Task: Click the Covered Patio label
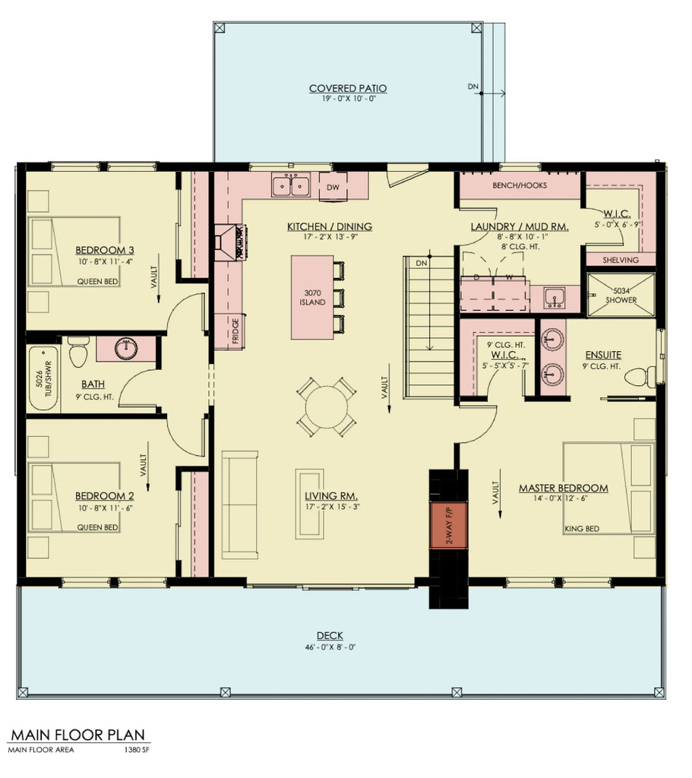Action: point(347,89)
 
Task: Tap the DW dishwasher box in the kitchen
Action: point(333,187)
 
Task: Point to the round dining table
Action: point(325,406)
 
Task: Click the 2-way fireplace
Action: point(444,524)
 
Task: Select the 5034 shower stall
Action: point(621,294)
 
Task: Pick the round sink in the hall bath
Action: point(126,349)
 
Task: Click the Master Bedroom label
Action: point(563,488)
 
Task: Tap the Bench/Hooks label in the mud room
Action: point(514,185)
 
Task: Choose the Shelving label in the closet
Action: point(619,260)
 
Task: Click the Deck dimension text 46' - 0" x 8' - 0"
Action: point(330,647)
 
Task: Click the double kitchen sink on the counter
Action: point(292,185)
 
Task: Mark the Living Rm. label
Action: point(321,496)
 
